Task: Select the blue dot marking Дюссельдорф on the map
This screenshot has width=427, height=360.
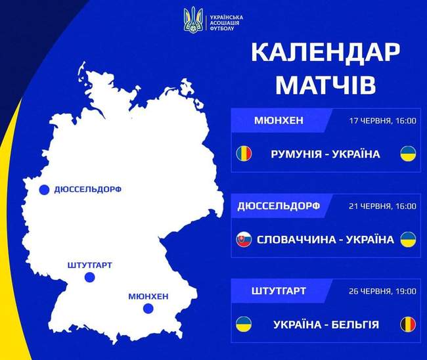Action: tap(44, 191)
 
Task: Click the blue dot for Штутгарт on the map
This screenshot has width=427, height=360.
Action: tap(90, 279)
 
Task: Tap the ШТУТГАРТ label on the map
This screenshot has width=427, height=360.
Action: tap(90, 265)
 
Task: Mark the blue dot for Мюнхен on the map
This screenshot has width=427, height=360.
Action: tap(148, 309)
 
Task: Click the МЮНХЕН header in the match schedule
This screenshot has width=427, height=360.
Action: tap(278, 120)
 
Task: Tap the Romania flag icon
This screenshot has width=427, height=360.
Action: tap(244, 154)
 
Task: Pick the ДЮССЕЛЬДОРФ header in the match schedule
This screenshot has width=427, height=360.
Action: tap(278, 206)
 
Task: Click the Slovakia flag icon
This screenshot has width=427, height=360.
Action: tap(244, 239)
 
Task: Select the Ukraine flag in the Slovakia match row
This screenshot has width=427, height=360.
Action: tap(407, 239)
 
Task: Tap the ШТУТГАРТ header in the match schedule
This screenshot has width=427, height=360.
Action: tap(278, 290)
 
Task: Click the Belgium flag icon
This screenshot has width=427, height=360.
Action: tap(407, 324)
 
